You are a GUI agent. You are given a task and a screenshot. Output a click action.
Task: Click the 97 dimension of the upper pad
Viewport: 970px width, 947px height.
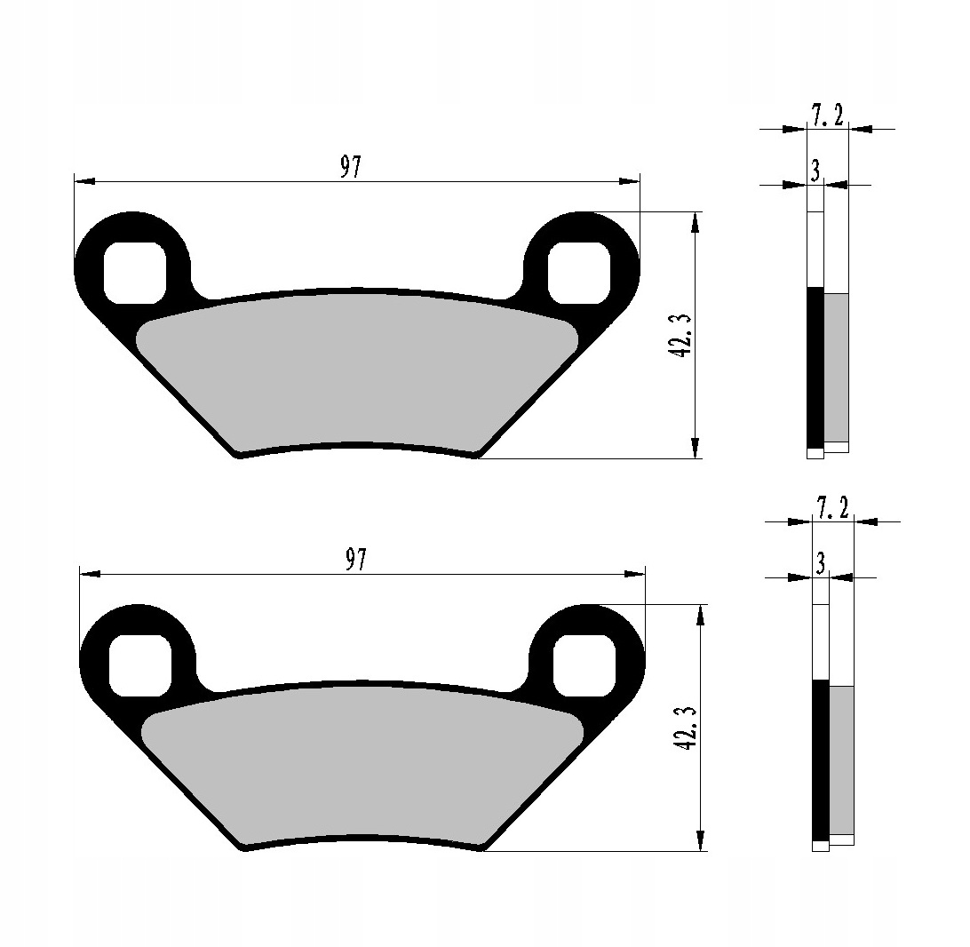[x=352, y=167]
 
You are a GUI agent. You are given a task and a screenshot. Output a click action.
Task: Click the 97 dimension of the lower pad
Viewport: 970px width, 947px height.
[x=356, y=560]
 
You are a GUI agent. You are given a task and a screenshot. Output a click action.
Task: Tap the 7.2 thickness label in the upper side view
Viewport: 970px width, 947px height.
[x=827, y=115]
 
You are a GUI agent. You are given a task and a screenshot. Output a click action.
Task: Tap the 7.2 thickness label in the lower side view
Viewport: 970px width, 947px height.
[x=832, y=508]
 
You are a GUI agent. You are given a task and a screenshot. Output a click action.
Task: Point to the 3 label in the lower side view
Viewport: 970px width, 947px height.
[x=820, y=563]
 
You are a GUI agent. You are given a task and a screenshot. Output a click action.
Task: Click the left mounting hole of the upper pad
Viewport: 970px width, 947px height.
[x=135, y=272]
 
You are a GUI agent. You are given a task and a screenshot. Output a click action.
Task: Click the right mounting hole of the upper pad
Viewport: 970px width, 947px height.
[x=578, y=272]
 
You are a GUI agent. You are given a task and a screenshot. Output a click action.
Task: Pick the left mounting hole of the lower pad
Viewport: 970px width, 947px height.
[x=139, y=665]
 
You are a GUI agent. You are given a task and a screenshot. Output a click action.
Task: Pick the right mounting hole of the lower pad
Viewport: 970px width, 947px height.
[x=583, y=665]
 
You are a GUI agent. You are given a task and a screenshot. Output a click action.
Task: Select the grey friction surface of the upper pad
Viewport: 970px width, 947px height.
[x=355, y=369]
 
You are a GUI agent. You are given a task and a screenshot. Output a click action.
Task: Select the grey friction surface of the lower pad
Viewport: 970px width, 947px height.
[x=360, y=762]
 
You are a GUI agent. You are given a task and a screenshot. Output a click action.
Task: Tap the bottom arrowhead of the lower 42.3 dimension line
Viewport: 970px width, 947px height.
[x=701, y=840]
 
